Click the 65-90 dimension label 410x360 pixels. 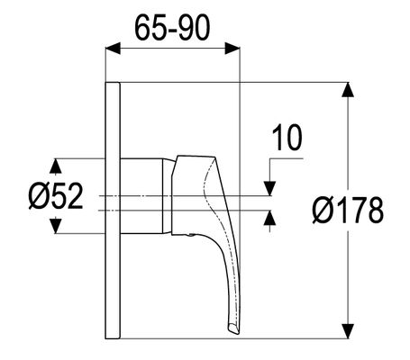click(x=172, y=28)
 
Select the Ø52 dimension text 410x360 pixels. click(x=56, y=196)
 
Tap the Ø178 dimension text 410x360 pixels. click(x=348, y=210)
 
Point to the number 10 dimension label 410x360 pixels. click(x=287, y=138)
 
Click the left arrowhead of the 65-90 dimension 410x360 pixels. click(x=113, y=48)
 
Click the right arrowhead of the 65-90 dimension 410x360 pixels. click(x=232, y=48)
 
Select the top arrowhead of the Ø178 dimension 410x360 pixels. click(x=348, y=89)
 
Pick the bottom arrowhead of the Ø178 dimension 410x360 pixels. click(x=348, y=331)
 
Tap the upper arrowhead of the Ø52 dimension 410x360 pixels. click(x=56, y=166)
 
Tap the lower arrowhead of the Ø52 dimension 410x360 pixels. click(x=56, y=226)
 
